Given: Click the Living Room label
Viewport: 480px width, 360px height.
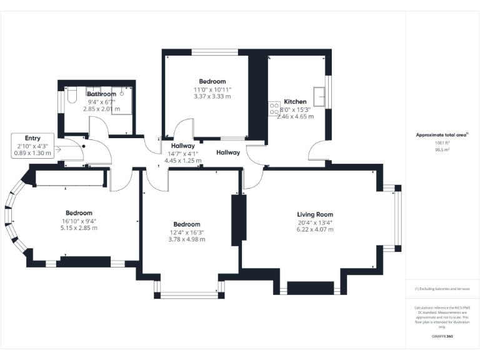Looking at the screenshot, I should coord(315,214).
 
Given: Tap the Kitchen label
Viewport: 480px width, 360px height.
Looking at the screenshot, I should coord(295,101).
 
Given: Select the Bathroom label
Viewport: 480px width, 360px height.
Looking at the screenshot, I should coord(101,94).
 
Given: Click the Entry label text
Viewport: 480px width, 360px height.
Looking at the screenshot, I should coord(32,138).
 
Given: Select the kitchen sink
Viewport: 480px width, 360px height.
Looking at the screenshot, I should coord(321,96).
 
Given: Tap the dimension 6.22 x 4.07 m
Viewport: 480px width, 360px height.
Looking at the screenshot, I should coord(315,229).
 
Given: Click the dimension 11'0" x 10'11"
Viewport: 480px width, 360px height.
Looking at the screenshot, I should coord(212,89).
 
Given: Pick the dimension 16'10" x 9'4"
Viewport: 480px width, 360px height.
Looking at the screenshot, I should coord(78,220).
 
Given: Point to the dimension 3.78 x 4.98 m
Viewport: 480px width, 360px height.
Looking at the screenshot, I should coord(187,239).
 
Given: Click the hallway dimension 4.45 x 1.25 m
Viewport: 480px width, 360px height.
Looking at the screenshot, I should coord(183,160).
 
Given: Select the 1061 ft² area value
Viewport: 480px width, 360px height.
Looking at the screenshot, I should coord(442,142).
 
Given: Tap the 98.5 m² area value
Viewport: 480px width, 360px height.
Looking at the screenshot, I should coord(442,150).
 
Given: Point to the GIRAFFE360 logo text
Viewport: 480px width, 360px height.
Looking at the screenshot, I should coord(442,336).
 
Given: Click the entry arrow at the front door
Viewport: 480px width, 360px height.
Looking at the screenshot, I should coord(61,149).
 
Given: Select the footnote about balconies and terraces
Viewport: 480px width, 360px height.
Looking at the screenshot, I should coord(442,289).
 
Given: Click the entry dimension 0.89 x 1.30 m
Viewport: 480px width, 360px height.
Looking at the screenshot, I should coord(32,153).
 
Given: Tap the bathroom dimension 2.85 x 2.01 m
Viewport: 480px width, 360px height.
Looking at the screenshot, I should coord(101,108).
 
